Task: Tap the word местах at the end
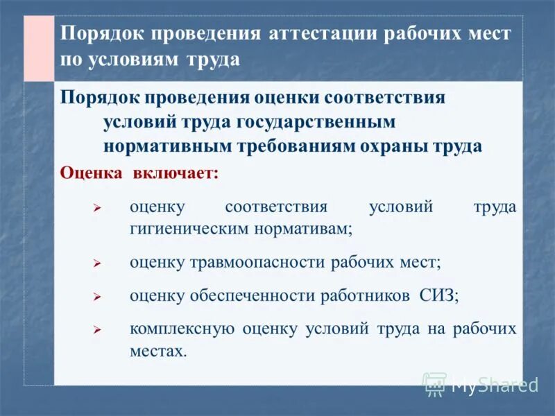pyautogui.click(x=158, y=351)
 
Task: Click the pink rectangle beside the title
pyautogui.click(x=39, y=48)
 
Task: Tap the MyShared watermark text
pyautogui.click(x=495, y=385)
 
